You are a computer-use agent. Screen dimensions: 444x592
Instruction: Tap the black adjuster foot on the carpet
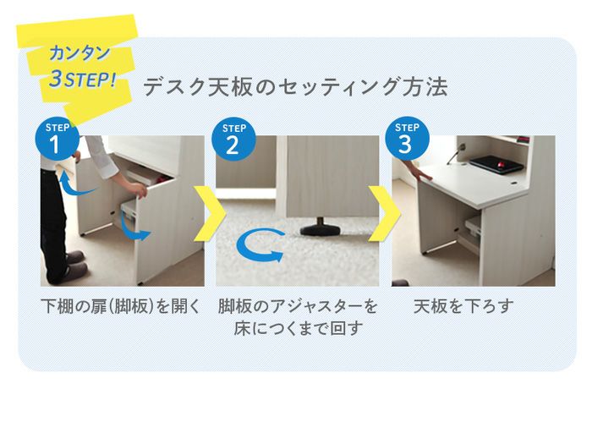point(323,227)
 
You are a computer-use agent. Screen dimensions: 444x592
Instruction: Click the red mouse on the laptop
point(503,156)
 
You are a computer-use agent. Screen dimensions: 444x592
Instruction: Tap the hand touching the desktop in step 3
point(423,173)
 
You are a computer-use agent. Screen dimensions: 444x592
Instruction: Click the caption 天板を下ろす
point(463,305)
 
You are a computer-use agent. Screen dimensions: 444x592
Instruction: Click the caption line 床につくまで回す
point(298,328)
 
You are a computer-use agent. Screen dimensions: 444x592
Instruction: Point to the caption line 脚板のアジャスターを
point(298,305)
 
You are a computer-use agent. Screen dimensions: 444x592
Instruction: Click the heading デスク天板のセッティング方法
point(295,87)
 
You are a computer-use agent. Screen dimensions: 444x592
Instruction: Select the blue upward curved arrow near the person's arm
point(77,185)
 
